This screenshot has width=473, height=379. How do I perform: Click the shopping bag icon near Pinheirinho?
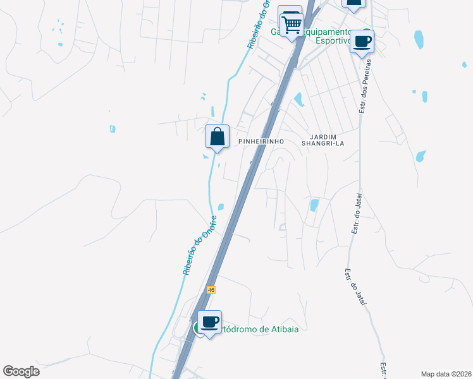(x=217, y=136)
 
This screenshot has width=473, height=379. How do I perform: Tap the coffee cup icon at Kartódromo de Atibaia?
(x=210, y=322)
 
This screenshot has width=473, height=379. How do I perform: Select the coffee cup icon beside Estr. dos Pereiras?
(x=362, y=42)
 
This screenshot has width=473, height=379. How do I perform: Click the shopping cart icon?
(x=292, y=25)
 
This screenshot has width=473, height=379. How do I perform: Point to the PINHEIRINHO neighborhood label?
(x=259, y=142)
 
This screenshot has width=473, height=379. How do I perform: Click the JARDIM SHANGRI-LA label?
(x=326, y=140)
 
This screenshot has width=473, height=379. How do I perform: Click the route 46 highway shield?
(x=210, y=289)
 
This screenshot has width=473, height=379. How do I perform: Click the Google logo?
(x=21, y=371)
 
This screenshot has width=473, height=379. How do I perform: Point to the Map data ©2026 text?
(x=446, y=374)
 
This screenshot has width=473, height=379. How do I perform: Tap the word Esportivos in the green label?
(x=333, y=40)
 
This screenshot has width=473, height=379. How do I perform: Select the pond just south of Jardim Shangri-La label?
(x=314, y=205)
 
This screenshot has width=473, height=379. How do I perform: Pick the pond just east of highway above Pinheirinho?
(x=298, y=99)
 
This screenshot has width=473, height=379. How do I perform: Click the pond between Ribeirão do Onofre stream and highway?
(x=221, y=207)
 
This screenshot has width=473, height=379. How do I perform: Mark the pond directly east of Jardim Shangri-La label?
(x=421, y=156)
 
